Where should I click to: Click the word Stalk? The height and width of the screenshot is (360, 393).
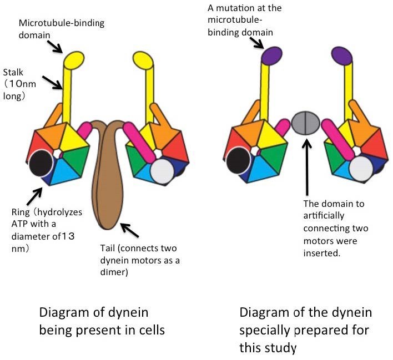tap(14, 72)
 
